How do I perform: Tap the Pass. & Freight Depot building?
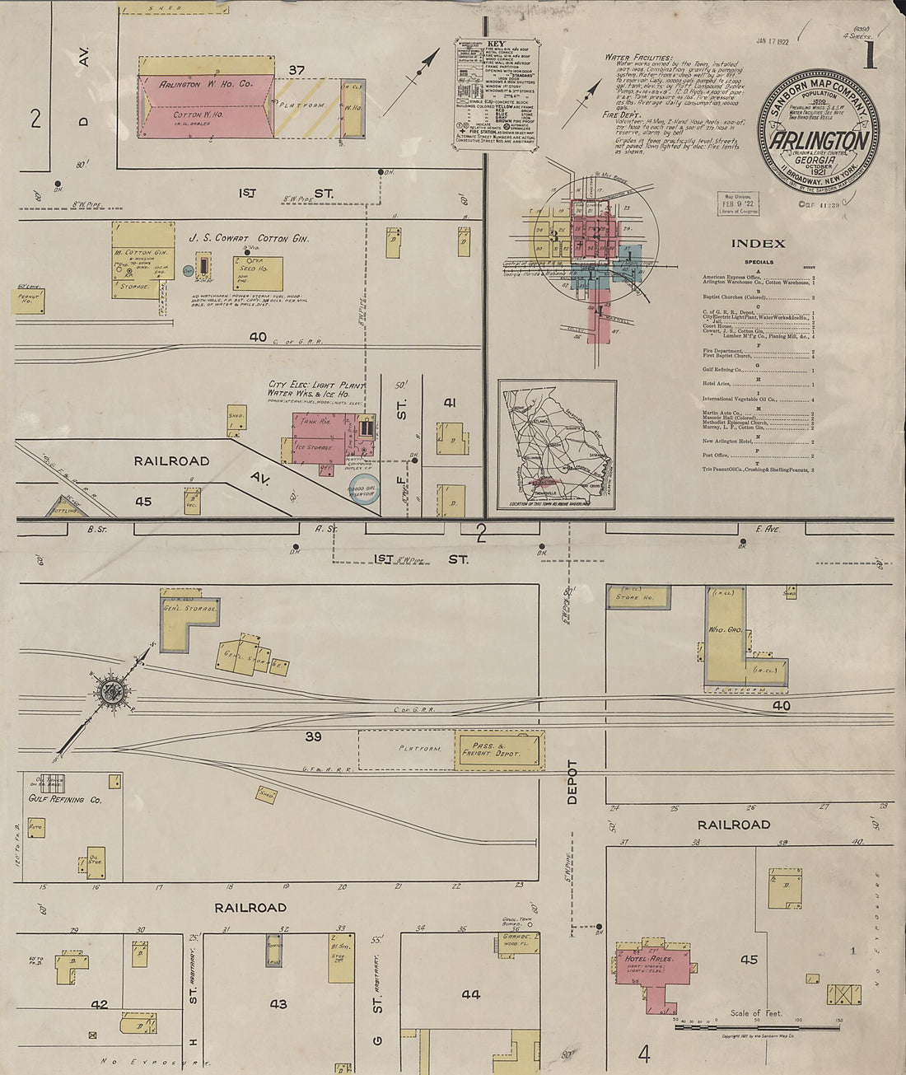tap(498, 750)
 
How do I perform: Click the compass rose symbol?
tap(108, 690)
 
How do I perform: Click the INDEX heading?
tap(758, 244)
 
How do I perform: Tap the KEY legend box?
tap(496, 92)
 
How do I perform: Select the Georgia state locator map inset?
tap(557, 444)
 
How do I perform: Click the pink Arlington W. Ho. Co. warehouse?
tap(206, 105)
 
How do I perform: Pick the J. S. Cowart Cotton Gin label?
tap(249, 239)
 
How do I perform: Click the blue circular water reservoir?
tap(364, 488)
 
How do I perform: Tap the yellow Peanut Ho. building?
tap(28, 301)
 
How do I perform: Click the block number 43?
tap(278, 1004)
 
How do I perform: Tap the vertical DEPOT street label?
tap(572, 782)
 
